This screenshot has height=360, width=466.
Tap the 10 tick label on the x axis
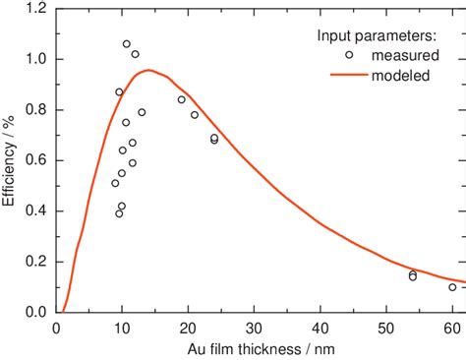tap(122, 329)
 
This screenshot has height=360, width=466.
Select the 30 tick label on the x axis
tap(254, 329)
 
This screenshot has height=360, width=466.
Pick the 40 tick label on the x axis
tap(320, 329)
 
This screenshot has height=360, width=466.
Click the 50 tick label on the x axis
tap(386, 329)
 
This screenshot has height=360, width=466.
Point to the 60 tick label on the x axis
tap(452, 329)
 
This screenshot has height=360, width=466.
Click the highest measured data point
tap(127, 44)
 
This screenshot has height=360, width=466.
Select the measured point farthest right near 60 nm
tap(452, 287)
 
